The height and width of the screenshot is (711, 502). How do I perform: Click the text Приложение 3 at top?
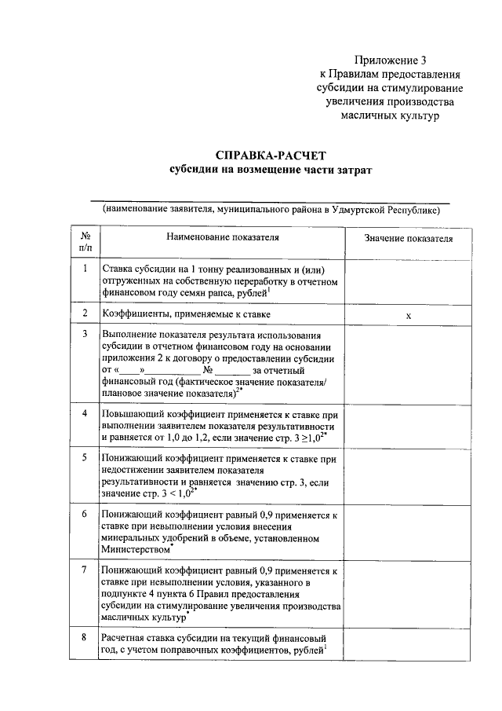390,60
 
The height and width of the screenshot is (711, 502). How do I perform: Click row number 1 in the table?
85,269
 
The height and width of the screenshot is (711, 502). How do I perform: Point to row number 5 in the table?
85,456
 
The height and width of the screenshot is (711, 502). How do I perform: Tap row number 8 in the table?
85,637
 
